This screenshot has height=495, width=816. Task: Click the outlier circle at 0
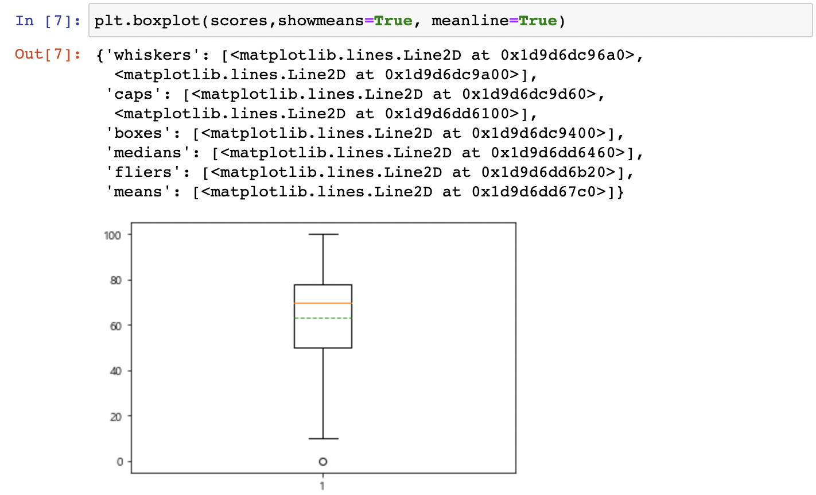tap(323, 462)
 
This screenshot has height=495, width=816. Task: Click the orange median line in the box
tap(323, 303)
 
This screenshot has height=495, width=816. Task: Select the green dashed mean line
tap(323, 318)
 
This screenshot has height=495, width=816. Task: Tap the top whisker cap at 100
tap(323, 234)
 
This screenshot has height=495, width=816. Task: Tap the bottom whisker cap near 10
tap(323, 439)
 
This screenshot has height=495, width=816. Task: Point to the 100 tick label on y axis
tap(112, 235)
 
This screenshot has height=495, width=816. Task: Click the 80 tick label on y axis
tap(115, 280)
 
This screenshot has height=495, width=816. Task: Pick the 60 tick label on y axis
tap(115, 326)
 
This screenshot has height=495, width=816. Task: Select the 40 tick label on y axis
tap(115, 371)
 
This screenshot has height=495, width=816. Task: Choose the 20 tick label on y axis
tap(115, 416)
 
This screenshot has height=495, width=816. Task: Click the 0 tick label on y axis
tap(119, 462)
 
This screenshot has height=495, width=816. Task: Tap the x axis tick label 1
tap(322, 486)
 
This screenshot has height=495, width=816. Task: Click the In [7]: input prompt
tap(48, 21)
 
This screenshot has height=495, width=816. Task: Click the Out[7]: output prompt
tap(48, 55)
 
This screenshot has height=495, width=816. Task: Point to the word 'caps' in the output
tap(134, 94)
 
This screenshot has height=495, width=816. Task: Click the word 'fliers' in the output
tap(143, 172)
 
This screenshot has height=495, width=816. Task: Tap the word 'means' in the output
tap(138, 192)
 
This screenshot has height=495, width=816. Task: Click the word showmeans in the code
tap(321, 21)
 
